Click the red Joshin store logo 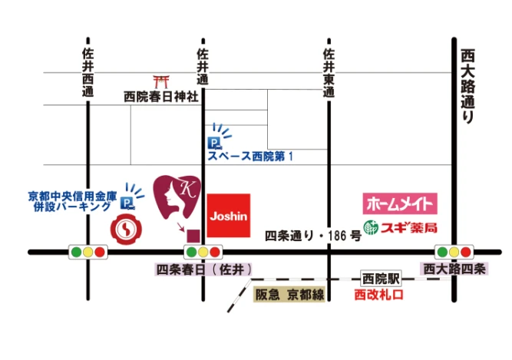[229, 216]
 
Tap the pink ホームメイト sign [400, 204]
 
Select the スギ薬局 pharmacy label [400, 228]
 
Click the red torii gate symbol [161, 81]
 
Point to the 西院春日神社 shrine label [161, 97]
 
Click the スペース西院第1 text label [250, 157]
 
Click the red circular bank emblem [124, 228]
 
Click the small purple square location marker [195, 234]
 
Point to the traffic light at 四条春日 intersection [203, 252]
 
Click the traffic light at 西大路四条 [454, 252]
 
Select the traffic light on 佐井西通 [88, 252]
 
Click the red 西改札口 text [378, 294]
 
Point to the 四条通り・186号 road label [312, 235]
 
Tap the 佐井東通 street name [328, 73]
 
